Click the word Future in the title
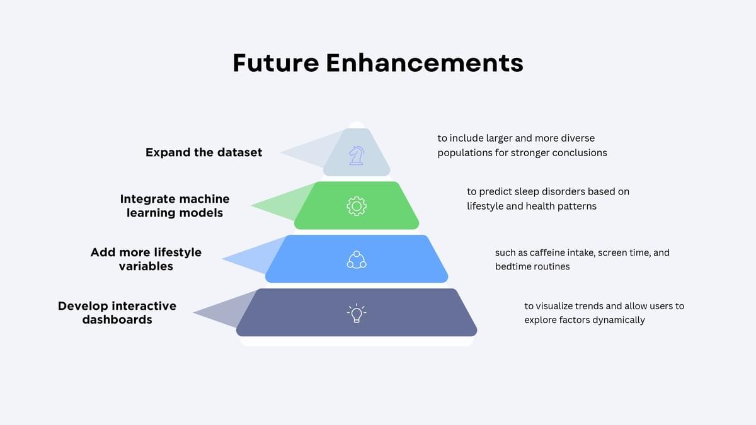276,63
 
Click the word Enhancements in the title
425,63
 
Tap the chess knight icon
357,156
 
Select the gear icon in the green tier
357,206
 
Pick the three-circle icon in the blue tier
357,259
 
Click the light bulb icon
357,314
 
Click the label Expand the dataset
204,152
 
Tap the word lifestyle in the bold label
178,252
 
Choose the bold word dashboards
117,319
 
